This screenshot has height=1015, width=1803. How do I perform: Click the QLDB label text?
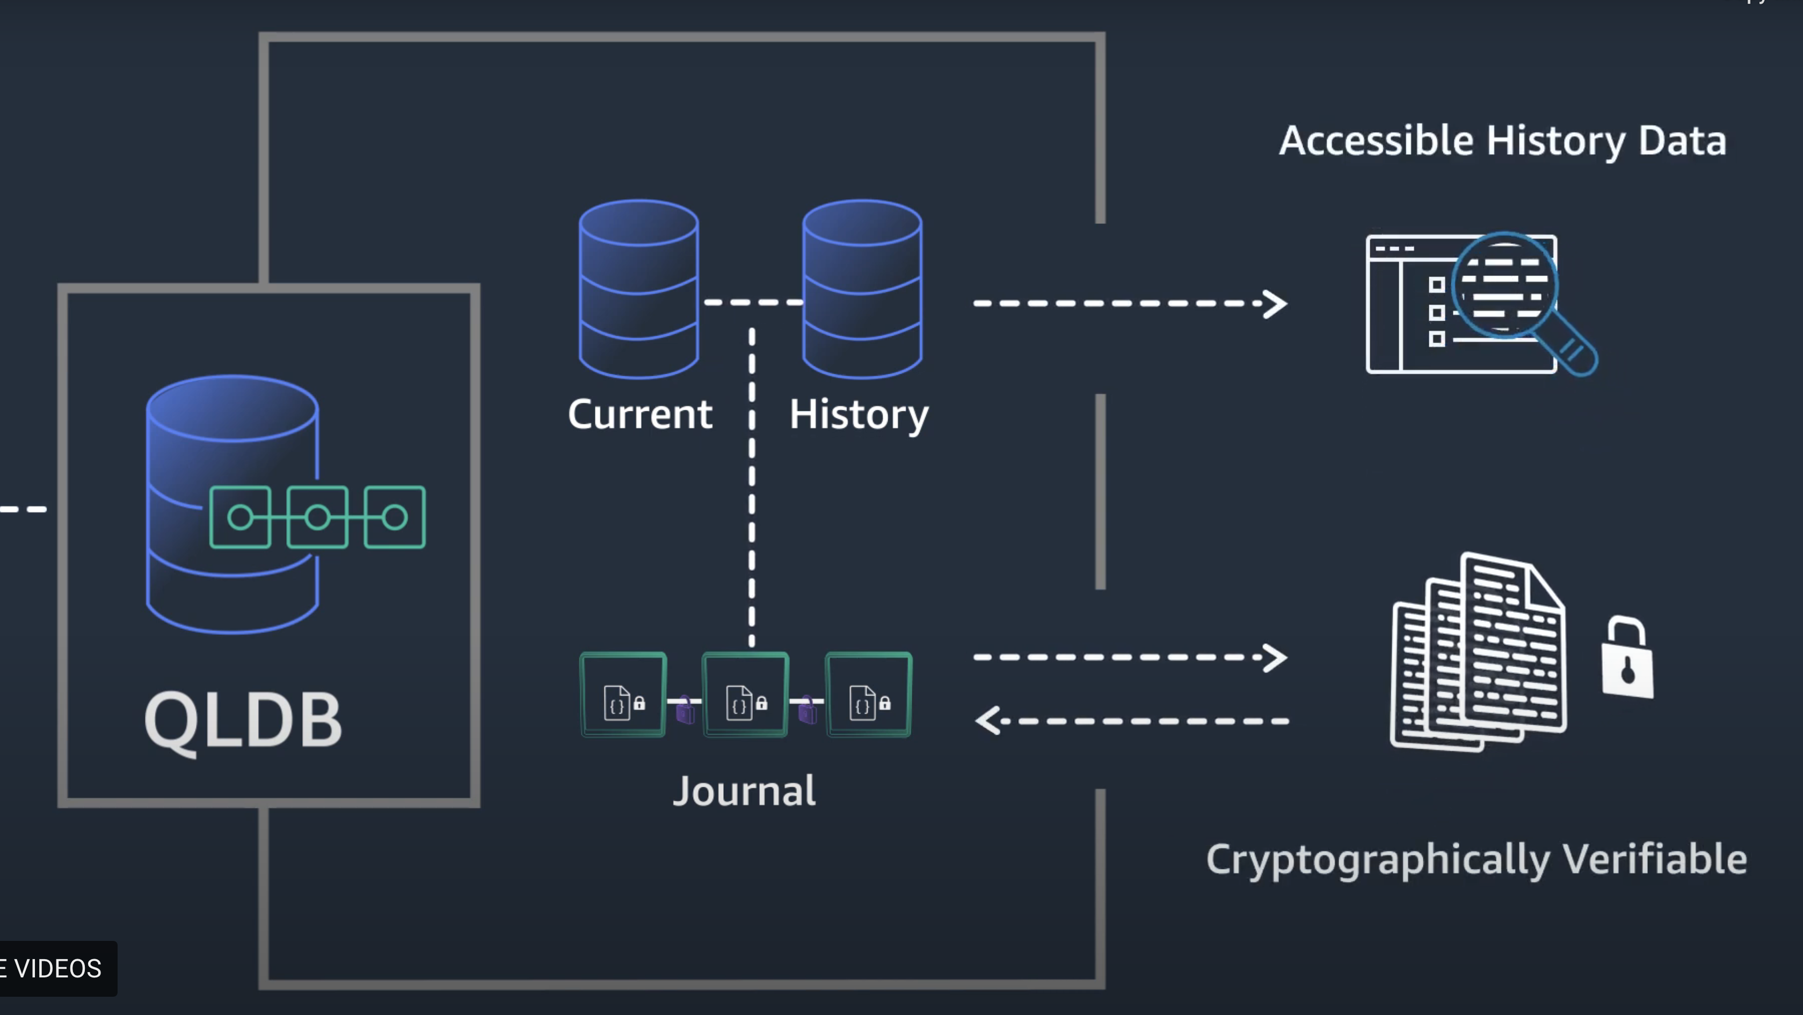tap(243, 720)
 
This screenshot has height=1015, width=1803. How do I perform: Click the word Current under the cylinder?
tap(639, 415)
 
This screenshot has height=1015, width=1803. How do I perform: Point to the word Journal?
tap(744, 791)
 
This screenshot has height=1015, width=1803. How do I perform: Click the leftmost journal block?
tap(623, 694)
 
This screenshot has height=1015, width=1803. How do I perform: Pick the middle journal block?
tap(745, 694)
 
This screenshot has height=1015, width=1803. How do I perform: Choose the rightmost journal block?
tap(869, 694)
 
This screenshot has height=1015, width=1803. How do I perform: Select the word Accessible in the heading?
tap(1376, 141)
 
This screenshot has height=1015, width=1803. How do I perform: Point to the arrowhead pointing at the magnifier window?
tap(1275, 304)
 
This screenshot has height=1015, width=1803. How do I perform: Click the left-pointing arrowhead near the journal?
tap(987, 720)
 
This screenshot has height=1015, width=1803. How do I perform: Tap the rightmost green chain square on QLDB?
tap(395, 517)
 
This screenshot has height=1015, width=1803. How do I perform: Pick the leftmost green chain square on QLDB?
tap(240, 517)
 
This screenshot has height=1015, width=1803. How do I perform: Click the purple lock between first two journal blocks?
tap(685, 710)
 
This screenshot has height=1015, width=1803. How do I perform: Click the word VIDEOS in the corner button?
tap(58, 969)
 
